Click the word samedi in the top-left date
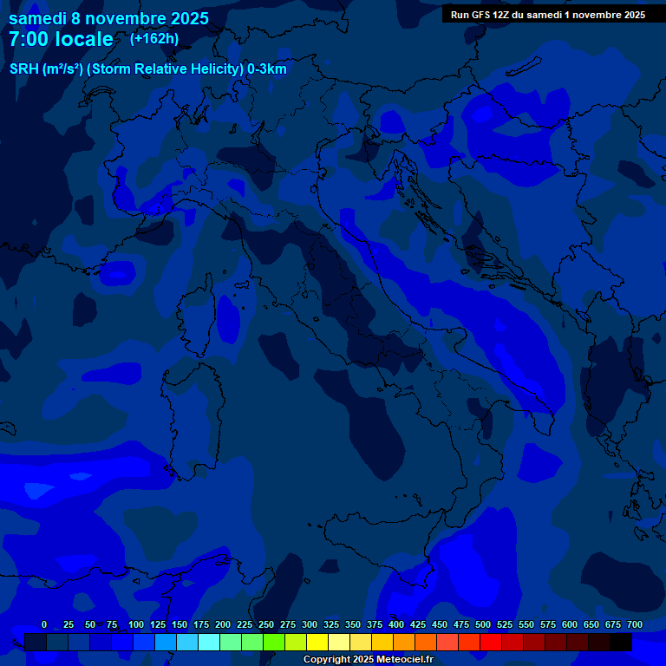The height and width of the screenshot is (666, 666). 38,17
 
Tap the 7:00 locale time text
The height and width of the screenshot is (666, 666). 61,40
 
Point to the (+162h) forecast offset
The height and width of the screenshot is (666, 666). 153,38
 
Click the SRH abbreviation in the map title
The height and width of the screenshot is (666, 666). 23,69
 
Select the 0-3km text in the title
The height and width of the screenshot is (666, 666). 267,69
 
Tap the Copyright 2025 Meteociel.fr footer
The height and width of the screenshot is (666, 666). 368,660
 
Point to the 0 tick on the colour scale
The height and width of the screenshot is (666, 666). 44,624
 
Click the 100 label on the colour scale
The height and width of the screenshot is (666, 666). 136,624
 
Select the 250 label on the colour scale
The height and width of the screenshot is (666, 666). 266,624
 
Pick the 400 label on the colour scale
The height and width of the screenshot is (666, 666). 396,624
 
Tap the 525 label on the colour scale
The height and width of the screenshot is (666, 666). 505,624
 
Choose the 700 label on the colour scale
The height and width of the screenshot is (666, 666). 635,624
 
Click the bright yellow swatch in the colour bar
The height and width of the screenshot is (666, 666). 317,642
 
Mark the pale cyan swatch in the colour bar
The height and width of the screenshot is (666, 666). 209,642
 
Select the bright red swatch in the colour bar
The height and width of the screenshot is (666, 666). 491,642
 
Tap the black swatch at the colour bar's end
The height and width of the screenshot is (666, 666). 621,642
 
